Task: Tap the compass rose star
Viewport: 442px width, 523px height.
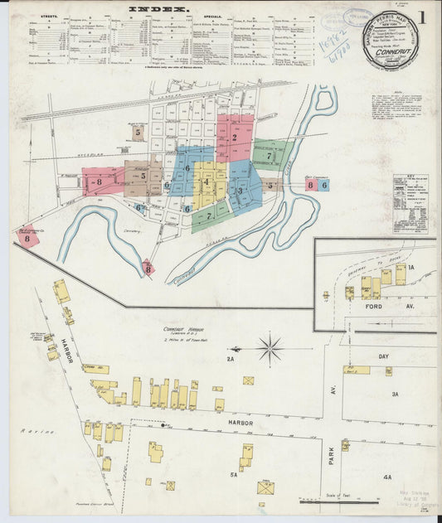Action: [270, 348]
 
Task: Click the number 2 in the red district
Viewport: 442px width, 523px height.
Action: [235, 138]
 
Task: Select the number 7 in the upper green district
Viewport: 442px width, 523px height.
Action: [270, 155]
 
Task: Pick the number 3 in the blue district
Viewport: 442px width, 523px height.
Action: [240, 191]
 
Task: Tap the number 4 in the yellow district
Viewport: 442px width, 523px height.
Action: [206, 182]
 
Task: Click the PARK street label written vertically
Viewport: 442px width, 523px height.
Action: [331, 453]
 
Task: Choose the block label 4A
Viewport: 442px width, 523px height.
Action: [387, 477]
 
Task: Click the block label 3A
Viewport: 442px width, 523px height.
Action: [396, 394]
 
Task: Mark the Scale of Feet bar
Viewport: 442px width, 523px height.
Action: [340, 501]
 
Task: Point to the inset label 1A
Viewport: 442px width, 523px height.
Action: [410, 268]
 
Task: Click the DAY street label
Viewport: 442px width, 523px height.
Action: [383, 356]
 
